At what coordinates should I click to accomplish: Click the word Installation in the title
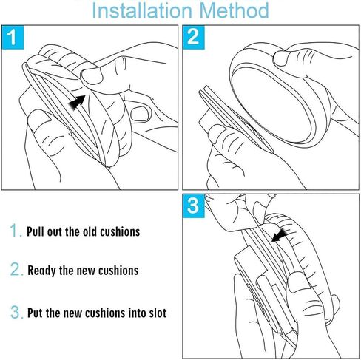coord(142,10)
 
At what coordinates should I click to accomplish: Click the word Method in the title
coord(234,10)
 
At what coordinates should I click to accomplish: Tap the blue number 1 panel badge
coord(13,37)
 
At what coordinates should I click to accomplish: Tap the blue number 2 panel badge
coord(194,37)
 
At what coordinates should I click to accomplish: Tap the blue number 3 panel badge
coord(194,206)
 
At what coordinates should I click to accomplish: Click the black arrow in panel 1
coord(77,102)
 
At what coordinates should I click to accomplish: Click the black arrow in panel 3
coord(279,235)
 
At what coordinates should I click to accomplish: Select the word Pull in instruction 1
coord(36,231)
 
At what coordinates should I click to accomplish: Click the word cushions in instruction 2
coord(118,271)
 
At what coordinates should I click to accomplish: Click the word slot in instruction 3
coord(158,313)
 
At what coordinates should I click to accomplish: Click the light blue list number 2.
coord(16,269)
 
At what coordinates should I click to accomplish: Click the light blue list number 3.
coord(16,312)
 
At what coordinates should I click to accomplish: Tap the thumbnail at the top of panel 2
coord(280,58)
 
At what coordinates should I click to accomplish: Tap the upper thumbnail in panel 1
coord(91,76)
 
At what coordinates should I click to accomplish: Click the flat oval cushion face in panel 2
coord(274,103)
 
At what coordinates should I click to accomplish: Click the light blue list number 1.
coord(16,231)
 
